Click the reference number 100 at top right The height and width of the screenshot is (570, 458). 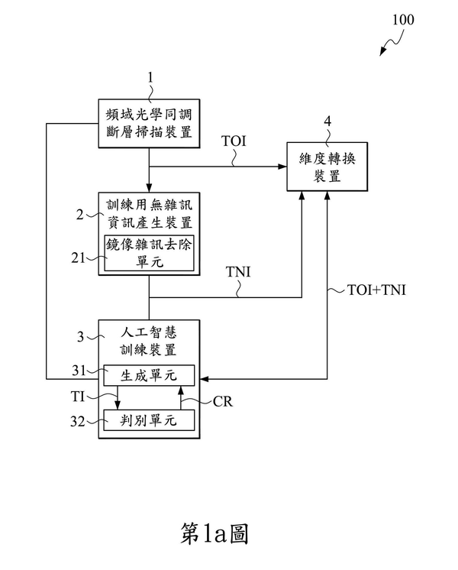[403, 20]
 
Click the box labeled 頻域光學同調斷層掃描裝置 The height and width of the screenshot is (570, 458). [149, 121]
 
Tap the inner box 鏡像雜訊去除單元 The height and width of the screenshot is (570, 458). [149, 252]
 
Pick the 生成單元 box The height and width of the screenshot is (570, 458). [149, 375]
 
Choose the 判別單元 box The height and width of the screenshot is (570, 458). [149, 419]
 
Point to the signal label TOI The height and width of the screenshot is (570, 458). [233, 141]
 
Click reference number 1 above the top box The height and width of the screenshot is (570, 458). [150, 77]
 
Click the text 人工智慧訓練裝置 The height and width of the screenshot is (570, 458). [149, 342]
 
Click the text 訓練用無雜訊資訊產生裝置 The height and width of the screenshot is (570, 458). [149, 214]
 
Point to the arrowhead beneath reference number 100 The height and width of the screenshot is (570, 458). [383, 53]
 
